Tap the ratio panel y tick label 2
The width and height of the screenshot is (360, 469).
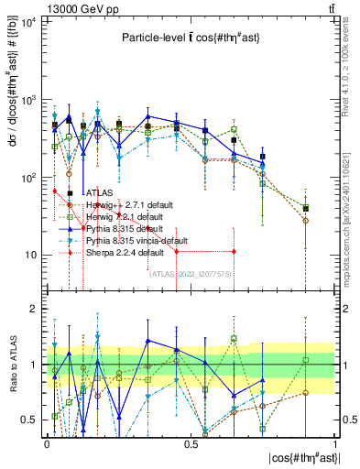coord(34,309)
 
